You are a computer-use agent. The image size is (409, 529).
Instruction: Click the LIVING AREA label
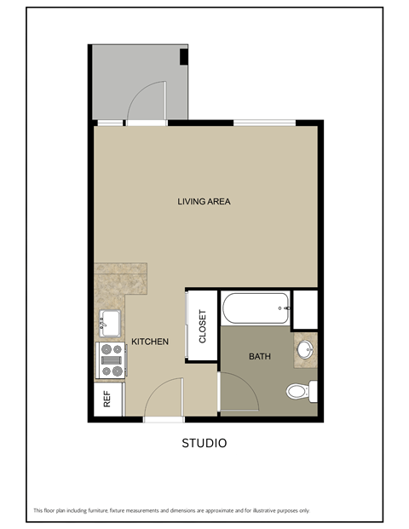click(x=204, y=202)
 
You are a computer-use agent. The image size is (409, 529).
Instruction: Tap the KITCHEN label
click(x=149, y=342)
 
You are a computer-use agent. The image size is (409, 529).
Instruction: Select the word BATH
click(x=260, y=356)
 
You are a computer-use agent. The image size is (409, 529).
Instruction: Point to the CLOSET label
click(x=203, y=326)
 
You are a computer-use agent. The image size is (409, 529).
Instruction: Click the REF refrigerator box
click(x=108, y=399)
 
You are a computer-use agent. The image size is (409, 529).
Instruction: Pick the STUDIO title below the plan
click(x=204, y=443)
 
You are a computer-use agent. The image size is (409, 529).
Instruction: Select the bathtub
click(x=256, y=308)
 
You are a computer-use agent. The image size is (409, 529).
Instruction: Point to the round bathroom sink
click(x=306, y=349)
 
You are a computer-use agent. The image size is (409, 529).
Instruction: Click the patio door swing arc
click(x=145, y=98)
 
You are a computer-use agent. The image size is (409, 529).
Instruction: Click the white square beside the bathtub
click(x=304, y=308)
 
